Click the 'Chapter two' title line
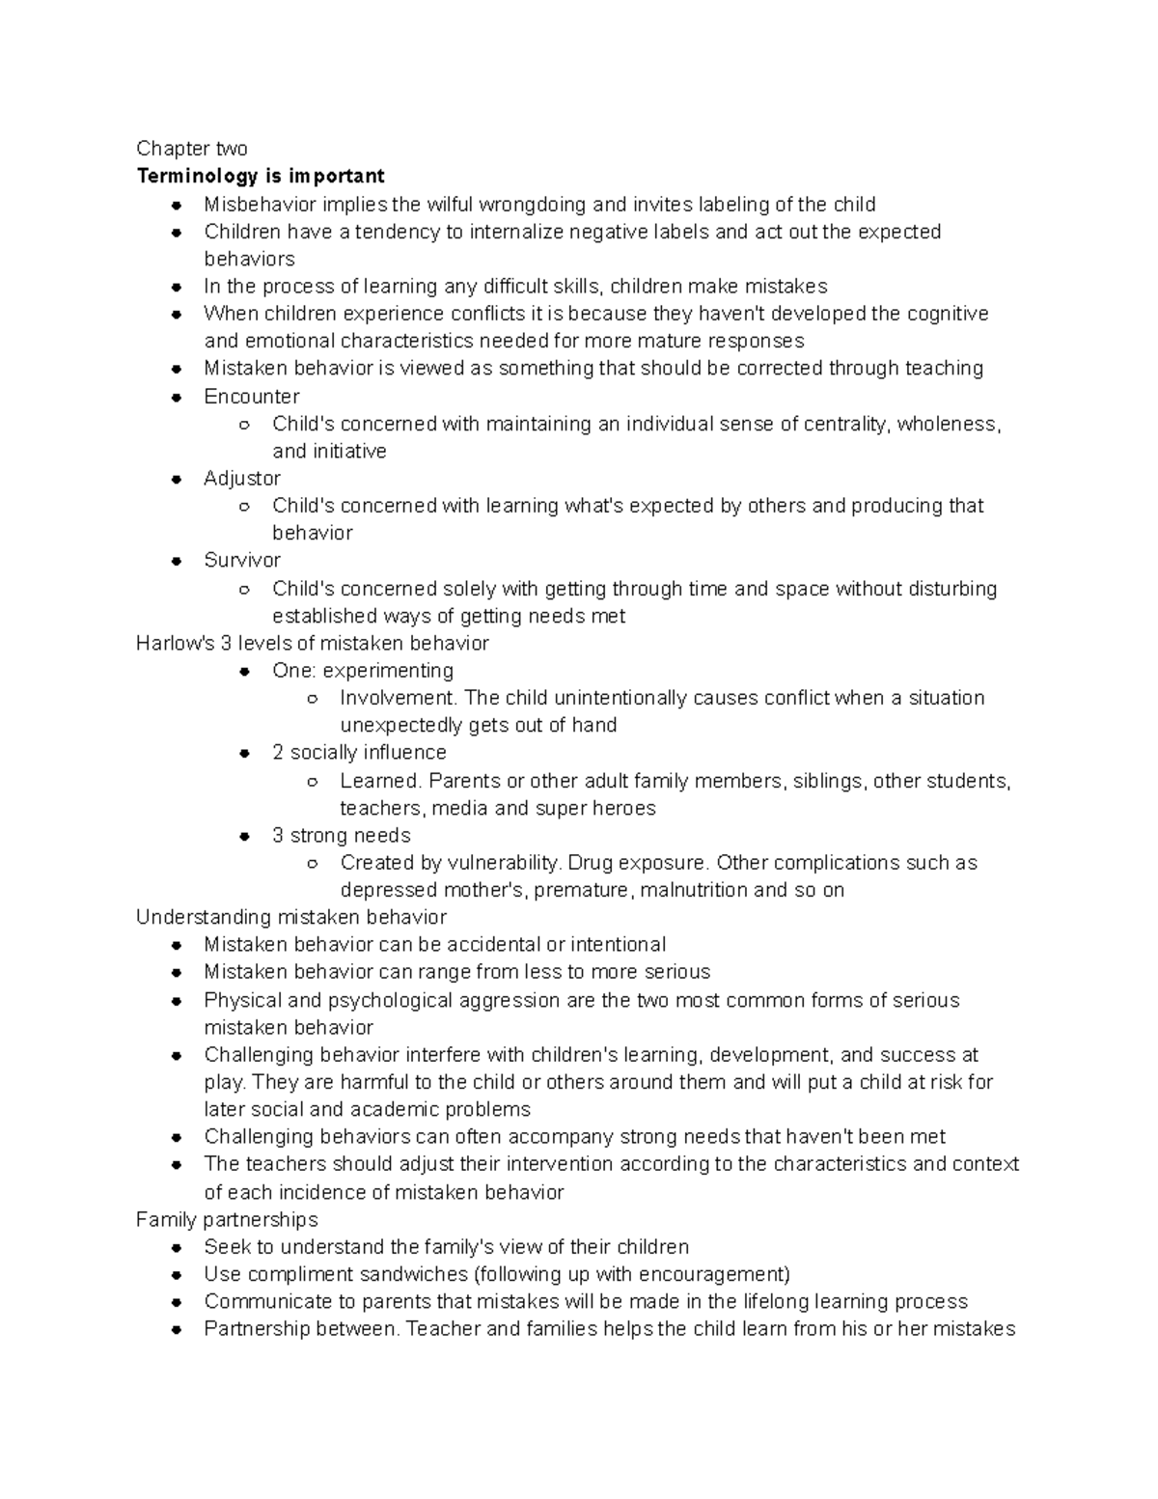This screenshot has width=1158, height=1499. (191, 149)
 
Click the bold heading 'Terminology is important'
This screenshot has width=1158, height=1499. (261, 176)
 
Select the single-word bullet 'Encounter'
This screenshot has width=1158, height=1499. (251, 397)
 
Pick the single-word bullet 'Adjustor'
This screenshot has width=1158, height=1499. (242, 479)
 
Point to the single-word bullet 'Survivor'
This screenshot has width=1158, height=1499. (242, 561)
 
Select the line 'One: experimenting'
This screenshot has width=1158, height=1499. (363, 671)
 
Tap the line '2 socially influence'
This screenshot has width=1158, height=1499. (359, 753)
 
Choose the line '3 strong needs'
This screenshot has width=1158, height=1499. (342, 836)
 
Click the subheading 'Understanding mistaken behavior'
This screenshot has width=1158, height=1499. (291, 917)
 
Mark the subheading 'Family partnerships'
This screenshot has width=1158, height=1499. (227, 1220)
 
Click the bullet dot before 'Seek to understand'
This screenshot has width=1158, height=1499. (177, 1248)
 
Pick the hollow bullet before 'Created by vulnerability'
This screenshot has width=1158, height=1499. (311, 864)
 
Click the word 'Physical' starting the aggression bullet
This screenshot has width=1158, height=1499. (241, 1000)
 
